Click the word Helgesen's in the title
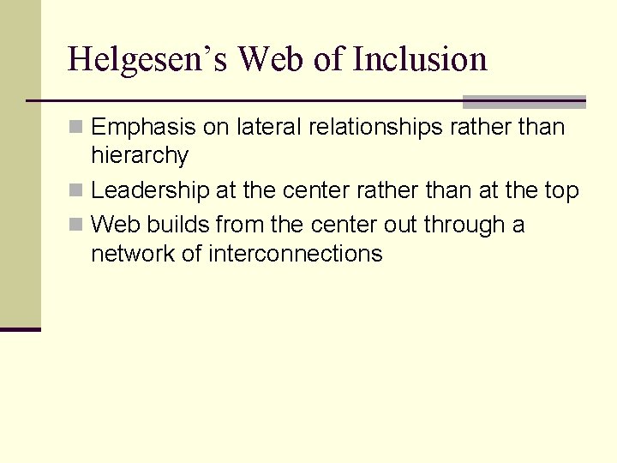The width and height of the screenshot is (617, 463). [147, 59]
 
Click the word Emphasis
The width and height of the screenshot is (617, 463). [143, 128]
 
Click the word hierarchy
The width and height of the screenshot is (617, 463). [139, 156]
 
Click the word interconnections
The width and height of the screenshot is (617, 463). [295, 254]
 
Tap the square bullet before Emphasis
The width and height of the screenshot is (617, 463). [76, 128]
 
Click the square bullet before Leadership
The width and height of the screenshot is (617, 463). [76, 190]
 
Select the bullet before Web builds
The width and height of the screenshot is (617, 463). [76, 225]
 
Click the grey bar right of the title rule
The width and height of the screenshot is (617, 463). [524, 101]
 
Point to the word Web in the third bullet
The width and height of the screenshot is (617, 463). [115, 225]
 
